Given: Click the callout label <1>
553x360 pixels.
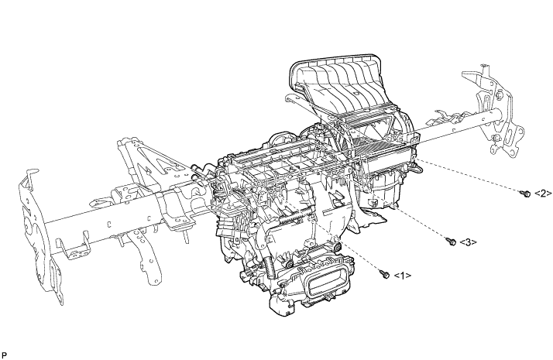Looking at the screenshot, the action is click(403, 276).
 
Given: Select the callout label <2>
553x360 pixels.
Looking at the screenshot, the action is click(544, 194).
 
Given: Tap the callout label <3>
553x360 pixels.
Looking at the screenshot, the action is click(469, 242).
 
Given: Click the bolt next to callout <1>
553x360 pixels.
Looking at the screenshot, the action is click(385, 273).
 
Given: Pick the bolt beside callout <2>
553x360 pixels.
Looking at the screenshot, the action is click(525, 194).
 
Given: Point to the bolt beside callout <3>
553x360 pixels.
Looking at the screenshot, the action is click(451, 242).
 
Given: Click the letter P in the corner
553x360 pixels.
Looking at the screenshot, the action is click(4, 355).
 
